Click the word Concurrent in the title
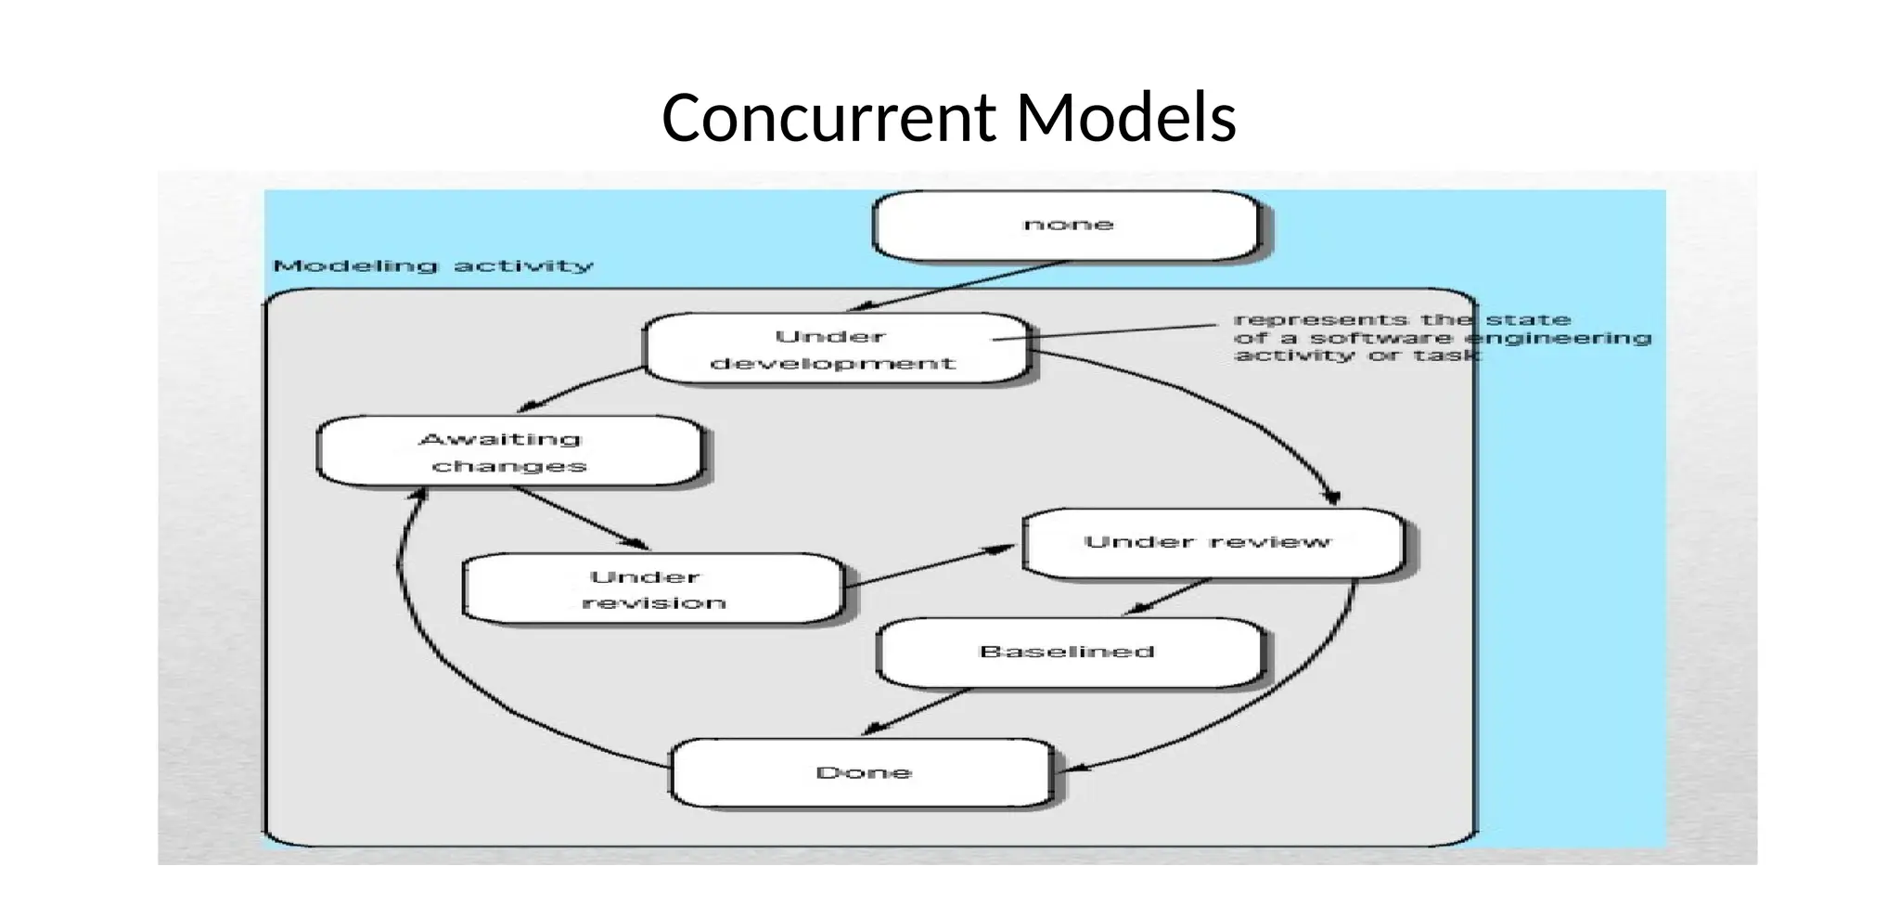click(x=828, y=118)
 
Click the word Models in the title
click(x=1125, y=118)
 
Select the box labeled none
click(x=1067, y=226)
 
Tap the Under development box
click(x=836, y=349)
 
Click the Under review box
click(x=1210, y=543)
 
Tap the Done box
click(x=863, y=773)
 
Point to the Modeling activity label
click(x=433, y=266)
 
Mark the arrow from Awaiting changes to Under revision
click(x=580, y=517)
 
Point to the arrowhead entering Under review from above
click(x=1332, y=498)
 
